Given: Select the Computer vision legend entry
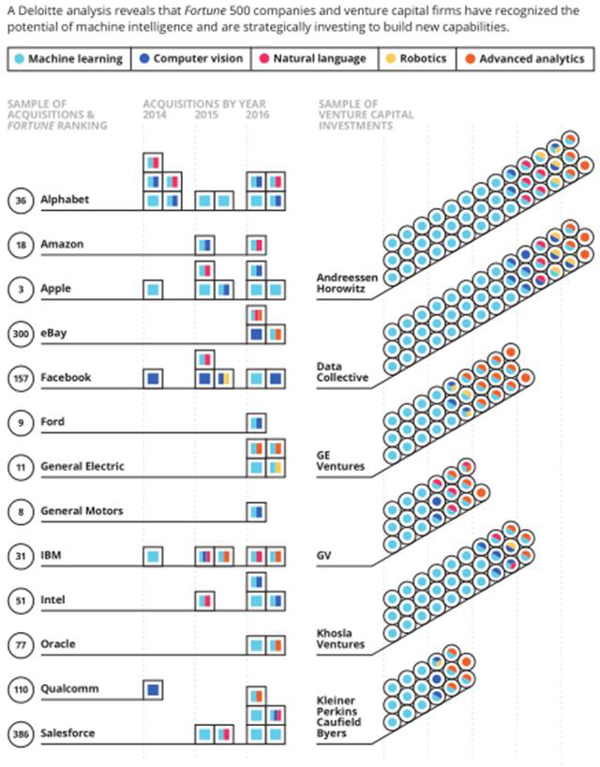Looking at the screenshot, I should click(x=190, y=59).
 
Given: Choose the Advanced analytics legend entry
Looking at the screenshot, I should click(x=524, y=59).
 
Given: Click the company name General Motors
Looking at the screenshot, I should click(x=82, y=511).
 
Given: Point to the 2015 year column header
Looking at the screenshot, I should click(x=206, y=114).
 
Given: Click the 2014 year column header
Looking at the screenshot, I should click(x=156, y=114).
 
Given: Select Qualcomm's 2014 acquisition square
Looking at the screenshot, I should click(x=154, y=689).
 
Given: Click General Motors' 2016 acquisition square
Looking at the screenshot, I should click(x=256, y=511).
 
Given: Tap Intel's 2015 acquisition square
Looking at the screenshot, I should click(x=205, y=599).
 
